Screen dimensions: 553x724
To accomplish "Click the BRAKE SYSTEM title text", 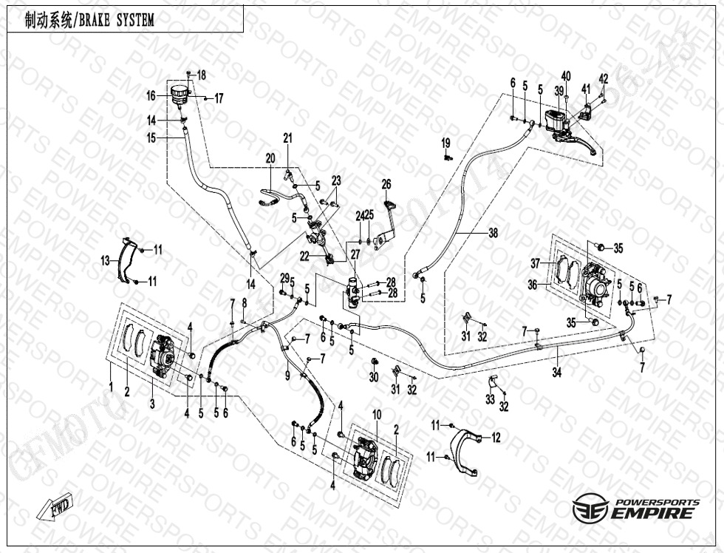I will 89,21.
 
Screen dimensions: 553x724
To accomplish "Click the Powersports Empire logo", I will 635,509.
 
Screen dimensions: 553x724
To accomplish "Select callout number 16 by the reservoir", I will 151,95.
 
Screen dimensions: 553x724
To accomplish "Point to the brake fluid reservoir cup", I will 179,93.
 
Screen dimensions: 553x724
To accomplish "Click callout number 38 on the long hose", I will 493,233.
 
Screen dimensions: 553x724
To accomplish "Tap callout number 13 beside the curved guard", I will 106,259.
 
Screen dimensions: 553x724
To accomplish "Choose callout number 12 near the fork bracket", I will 496,438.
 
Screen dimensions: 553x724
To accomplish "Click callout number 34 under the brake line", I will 557,373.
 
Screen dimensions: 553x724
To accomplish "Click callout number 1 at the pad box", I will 111,387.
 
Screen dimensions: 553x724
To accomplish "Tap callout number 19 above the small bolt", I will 446,142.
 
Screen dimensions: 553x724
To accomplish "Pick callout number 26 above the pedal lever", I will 386,184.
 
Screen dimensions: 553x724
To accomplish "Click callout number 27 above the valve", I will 355,254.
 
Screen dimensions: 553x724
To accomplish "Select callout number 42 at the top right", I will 604,78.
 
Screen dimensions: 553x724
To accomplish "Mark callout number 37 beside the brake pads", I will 536,262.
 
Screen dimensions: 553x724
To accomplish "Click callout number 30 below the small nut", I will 374,377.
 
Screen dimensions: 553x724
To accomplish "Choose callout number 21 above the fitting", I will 287,138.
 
